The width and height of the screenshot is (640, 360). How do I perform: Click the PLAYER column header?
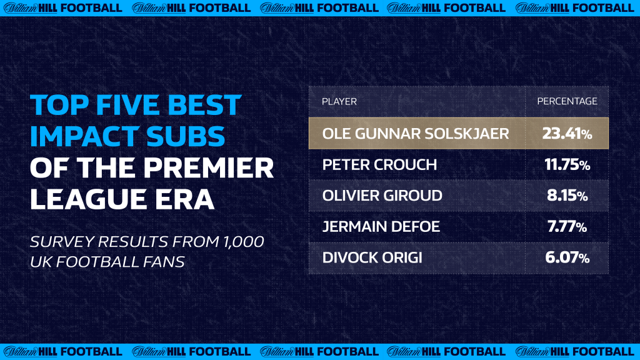tap(339, 101)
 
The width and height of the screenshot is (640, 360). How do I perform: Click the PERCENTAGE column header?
tap(567, 101)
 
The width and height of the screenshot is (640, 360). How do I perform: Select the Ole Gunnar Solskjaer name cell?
tap(416, 133)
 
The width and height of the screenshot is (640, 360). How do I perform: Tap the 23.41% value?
tap(567, 133)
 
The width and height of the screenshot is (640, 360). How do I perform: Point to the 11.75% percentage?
tap(567, 164)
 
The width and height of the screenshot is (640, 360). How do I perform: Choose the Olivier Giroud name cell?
tap(382, 196)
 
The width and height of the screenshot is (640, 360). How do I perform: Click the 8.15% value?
tap(567, 196)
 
